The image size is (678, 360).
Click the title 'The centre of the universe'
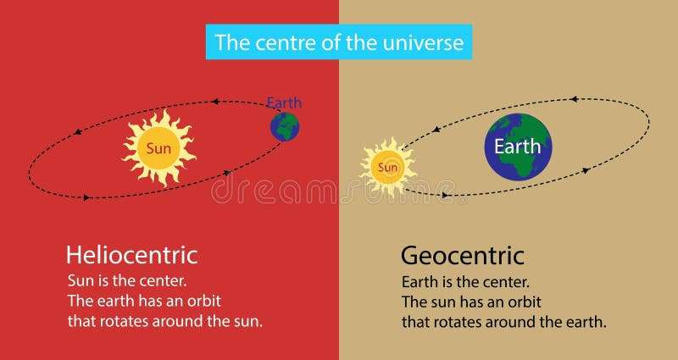point(339,42)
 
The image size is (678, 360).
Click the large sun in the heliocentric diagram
point(158,148)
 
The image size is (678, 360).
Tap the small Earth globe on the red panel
point(285,126)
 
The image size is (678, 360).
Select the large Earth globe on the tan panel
point(518,146)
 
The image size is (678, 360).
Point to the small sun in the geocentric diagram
point(388,167)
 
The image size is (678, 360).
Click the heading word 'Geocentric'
point(463,255)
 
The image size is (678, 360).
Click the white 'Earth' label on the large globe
point(518,146)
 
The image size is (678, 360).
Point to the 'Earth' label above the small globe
point(284,103)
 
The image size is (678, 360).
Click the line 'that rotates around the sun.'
point(166,321)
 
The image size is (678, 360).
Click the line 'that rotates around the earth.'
point(504,322)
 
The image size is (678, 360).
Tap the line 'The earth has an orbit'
point(144,300)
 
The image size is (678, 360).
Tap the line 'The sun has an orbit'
point(471,301)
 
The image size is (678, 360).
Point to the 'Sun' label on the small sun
point(388,167)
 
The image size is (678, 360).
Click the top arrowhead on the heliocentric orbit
point(215,102)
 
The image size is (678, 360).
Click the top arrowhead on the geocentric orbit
point(574,99)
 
